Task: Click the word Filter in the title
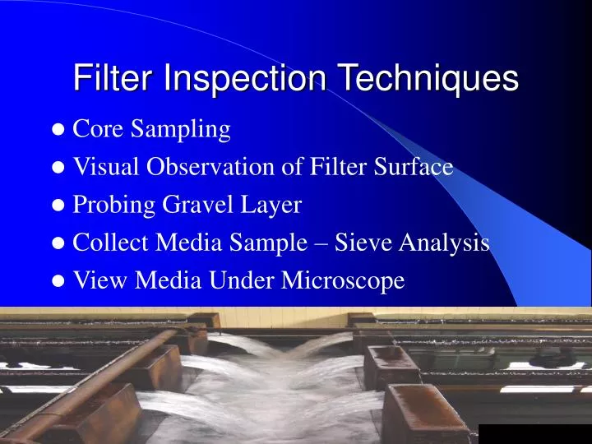[x=114, y=79]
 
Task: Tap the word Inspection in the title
[x=247, y=79]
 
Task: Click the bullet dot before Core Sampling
[x=59, y=130]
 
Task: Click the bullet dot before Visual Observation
[x=59, y=168]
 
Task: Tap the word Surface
[x=415, y=167]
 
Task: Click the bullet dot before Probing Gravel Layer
[x=59, y=206]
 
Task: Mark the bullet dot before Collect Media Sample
[x=59, y=243]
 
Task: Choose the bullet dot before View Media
[x=59, y=281]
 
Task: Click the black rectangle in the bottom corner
[x=534, y=433]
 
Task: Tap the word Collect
[x=102, y=243]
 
